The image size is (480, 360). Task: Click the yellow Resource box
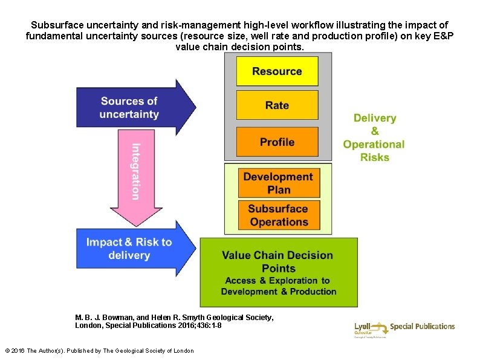(277, 71)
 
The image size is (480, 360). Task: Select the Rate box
(277, 105)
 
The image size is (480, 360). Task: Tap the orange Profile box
(277, 142)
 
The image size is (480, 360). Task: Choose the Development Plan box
(278, 183)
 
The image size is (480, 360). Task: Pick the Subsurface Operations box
(278, 215)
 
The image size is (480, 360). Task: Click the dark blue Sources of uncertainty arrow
(133, 108)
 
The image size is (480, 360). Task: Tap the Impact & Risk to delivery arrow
(133, 249)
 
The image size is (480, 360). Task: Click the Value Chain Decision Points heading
(278, 261)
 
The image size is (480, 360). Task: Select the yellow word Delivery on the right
(375, 118)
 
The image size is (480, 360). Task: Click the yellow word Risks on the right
(375, 157)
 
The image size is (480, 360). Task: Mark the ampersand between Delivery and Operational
(375, 131)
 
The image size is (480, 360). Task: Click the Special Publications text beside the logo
(423, 327)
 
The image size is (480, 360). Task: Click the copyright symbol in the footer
(7, 351)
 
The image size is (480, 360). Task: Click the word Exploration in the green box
(294, 281)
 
